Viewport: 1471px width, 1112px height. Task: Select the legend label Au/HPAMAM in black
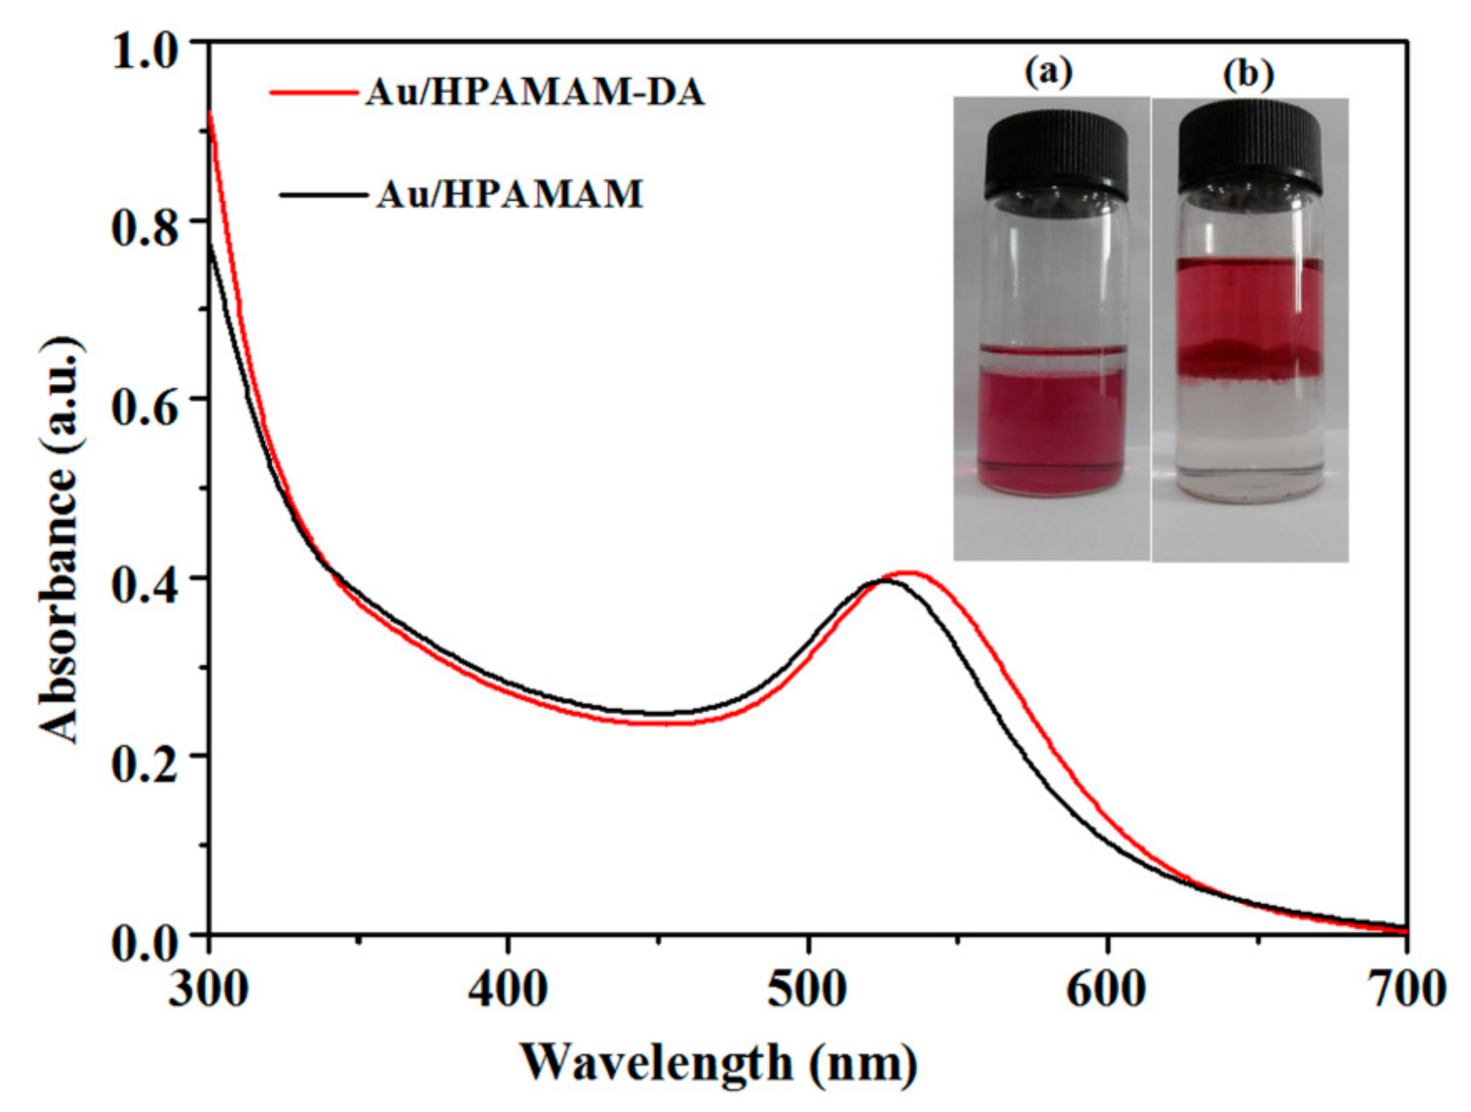click(510, 195)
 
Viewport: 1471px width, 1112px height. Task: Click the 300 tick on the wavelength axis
click(209, 989)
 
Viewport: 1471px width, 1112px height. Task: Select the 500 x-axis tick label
click(808, 989)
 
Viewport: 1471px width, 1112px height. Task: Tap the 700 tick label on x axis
click(1405, 989)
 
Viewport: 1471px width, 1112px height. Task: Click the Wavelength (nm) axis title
click(718, 1062)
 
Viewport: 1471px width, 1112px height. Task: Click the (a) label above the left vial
click(1049, 73)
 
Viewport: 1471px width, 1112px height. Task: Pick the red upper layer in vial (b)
click(1249, 306)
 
